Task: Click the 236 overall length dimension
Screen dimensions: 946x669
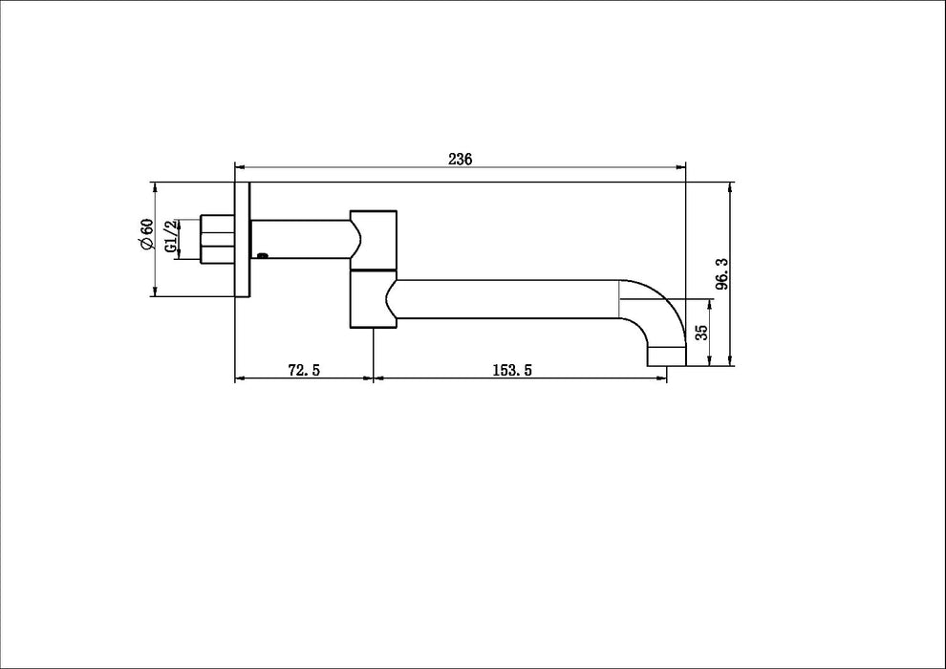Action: click(x=461, y=160)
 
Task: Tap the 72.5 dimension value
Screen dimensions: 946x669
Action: click(x=304, y=370)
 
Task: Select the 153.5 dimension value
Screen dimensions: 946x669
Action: click(x=513, y=370)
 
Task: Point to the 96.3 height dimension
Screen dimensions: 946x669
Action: click(x=722, y=274)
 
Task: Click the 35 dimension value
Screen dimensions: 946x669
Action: click(x=701, y=333)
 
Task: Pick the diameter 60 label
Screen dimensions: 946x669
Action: click(x=146, y=234)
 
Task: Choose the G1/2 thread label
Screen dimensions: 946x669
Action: click(x=171, y=236)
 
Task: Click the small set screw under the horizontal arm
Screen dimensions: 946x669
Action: click(x=262, y=255)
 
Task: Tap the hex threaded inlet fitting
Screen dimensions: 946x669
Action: click(x=218, y=238)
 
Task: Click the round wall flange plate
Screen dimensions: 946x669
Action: click(x=242, y=239)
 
